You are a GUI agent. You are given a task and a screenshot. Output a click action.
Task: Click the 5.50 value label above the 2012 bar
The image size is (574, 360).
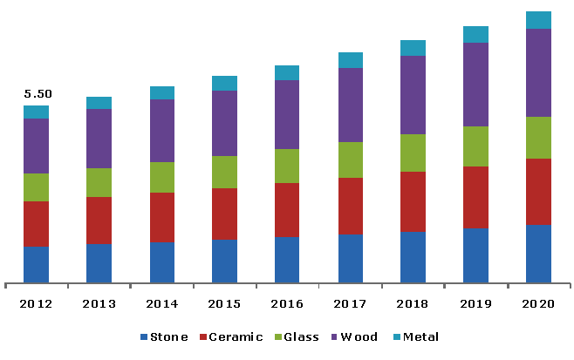37,94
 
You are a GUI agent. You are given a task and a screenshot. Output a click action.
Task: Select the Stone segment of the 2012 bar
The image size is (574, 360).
37,264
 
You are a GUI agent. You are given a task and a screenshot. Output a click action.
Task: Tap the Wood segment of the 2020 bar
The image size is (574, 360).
538,72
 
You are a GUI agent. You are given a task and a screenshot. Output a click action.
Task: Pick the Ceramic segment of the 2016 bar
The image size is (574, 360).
287,209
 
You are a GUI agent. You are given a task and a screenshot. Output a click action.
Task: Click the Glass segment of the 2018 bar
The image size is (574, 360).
413,153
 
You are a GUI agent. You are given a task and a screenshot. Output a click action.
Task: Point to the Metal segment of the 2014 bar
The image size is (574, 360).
162,92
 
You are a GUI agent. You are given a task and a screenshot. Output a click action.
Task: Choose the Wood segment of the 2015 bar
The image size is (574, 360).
224,123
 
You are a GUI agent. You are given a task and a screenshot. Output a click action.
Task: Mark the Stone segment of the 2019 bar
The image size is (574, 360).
475,255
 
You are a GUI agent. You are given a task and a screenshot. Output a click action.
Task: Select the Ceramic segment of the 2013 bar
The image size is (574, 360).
99,220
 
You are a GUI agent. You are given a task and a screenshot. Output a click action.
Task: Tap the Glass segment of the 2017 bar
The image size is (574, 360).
350,160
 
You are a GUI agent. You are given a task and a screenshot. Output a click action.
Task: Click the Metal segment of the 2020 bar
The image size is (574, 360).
538,20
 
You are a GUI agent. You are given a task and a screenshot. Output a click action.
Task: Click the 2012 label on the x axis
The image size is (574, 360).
37,303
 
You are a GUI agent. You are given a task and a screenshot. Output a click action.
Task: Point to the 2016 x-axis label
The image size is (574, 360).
287,303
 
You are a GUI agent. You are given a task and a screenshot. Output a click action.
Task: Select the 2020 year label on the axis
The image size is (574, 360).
538,303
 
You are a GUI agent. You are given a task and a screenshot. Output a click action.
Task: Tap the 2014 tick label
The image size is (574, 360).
162,303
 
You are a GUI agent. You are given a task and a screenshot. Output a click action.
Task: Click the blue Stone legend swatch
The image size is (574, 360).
143,337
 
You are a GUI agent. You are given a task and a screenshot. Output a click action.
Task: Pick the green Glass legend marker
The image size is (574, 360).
277,337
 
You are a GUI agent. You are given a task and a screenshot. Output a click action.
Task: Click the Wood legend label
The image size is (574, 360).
359,337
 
